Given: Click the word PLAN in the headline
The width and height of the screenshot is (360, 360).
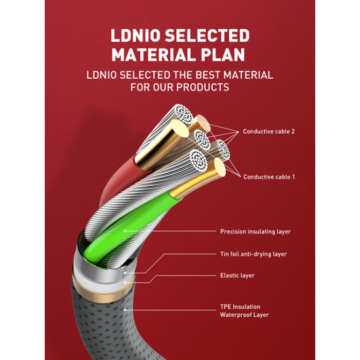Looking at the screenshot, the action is tap(223, 55).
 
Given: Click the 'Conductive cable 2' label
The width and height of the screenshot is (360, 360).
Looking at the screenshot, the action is tap(268, 132).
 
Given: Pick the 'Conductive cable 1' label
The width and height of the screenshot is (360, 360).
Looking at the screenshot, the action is tap(269, 177).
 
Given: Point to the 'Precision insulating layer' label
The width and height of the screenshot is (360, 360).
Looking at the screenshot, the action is tap(255, 231).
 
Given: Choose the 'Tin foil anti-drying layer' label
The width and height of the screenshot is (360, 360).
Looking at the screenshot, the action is tap(254, 254).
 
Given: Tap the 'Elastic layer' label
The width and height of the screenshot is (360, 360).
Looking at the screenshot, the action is tap(237, 276).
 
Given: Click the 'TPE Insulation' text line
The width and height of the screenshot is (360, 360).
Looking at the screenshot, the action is tap(240, 307).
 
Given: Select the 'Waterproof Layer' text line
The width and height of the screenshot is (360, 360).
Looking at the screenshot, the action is tap(244, 315).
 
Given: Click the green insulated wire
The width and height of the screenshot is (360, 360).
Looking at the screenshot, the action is tap(129, 227).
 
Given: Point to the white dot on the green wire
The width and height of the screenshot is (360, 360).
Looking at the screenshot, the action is tap(125, 231).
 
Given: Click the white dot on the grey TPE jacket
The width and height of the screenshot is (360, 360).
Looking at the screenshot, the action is tap(125, 310).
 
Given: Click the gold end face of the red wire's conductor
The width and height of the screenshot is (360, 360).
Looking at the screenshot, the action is tap(180, 129).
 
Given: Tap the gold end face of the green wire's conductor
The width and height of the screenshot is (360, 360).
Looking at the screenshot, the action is tap(220, 167).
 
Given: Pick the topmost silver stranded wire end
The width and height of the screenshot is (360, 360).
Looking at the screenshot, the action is tap(183, 114).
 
